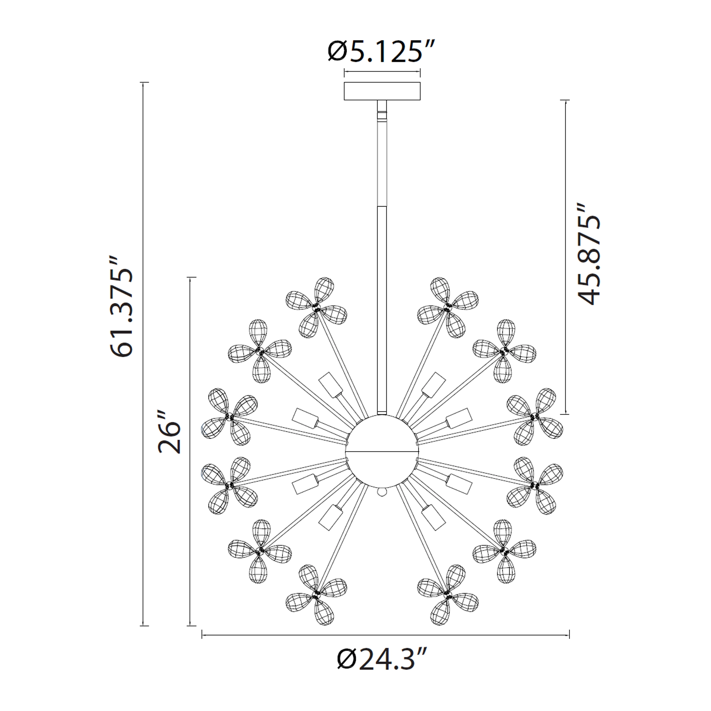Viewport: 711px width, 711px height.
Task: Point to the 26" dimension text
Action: [x=170, y=437]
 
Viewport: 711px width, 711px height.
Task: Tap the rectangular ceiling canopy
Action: [x=382, y=91]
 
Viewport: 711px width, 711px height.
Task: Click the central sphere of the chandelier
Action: [x=382, y=451]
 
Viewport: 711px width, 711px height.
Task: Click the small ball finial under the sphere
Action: [x=382, y=492]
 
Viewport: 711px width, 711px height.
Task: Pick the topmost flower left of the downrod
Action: [x=316, y=307]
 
